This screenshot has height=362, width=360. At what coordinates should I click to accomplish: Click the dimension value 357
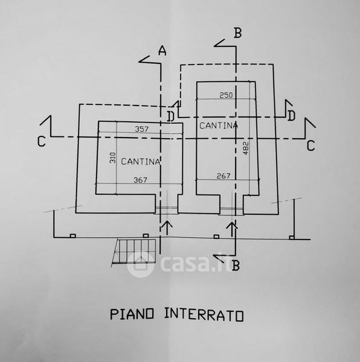point(141,129)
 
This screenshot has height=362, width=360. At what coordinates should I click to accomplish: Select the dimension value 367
point(140,180)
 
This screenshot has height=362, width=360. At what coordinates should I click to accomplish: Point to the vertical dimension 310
point(112,158)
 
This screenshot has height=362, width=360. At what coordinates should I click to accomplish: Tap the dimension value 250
point(226,95)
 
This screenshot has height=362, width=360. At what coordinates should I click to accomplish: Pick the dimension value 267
point(223,176)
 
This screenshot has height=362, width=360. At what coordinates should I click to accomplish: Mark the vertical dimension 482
point(246,148)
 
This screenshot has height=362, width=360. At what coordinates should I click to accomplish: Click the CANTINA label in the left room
point(141,162)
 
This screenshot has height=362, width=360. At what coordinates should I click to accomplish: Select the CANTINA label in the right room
point(219,125)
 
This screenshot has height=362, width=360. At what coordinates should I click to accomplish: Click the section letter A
point(162,51)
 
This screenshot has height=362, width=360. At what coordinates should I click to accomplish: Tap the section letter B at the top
point(238,33)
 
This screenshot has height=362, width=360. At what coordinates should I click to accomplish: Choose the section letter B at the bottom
point(236,265)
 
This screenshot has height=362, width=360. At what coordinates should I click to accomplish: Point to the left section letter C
point(42,141)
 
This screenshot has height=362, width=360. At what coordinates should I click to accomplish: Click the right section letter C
point(311,145)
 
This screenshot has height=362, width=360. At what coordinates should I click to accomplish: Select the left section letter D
point(170,116)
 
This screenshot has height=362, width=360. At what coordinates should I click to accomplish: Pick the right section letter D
point(291,116)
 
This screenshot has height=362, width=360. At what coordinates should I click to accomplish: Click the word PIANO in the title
point(132,314)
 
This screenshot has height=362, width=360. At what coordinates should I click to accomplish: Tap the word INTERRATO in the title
point(204,315)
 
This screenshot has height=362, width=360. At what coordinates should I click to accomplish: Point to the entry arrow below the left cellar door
point(168,228)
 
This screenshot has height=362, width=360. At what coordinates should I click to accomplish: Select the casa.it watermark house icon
point(140,264)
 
